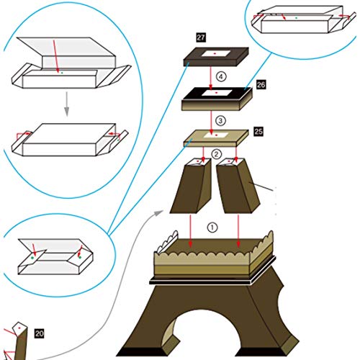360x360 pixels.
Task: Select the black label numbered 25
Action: [x=258, y=132]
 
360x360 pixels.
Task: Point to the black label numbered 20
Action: [x=40, y=333]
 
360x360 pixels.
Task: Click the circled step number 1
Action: [x=212, y=225]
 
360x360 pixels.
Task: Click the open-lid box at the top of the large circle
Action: [x=68, y=61]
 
